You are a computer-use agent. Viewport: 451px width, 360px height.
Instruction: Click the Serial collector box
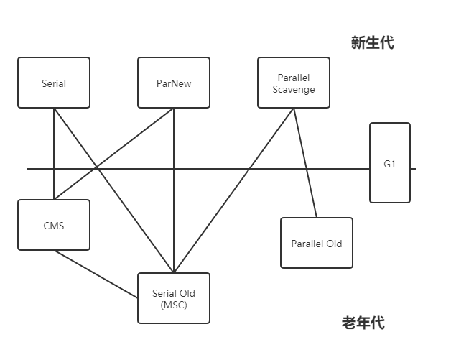tap(54, 83)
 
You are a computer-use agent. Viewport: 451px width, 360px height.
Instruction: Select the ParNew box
tap(174, 83)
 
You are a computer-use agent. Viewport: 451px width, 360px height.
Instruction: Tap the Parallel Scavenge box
tap(294, 83)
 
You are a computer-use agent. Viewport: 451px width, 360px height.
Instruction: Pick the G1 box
tap(390, 163)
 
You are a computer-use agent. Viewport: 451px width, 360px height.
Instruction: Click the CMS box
tap(54, 226)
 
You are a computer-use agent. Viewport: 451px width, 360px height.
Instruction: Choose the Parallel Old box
tap(317, 244)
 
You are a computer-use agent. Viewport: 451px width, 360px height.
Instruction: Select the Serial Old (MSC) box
tap(174, 298)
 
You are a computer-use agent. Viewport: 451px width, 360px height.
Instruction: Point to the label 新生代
tap(372, 43)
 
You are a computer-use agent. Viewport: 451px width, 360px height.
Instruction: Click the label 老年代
tap(363, 323)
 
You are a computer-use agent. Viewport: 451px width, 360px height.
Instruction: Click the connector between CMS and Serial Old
tap(96, 274)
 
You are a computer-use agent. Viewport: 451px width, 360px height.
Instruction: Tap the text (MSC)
tap(174, 304)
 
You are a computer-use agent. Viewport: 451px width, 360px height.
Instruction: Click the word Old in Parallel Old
tap(334, 244)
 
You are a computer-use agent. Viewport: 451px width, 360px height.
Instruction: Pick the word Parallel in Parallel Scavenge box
tap(294, 78)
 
